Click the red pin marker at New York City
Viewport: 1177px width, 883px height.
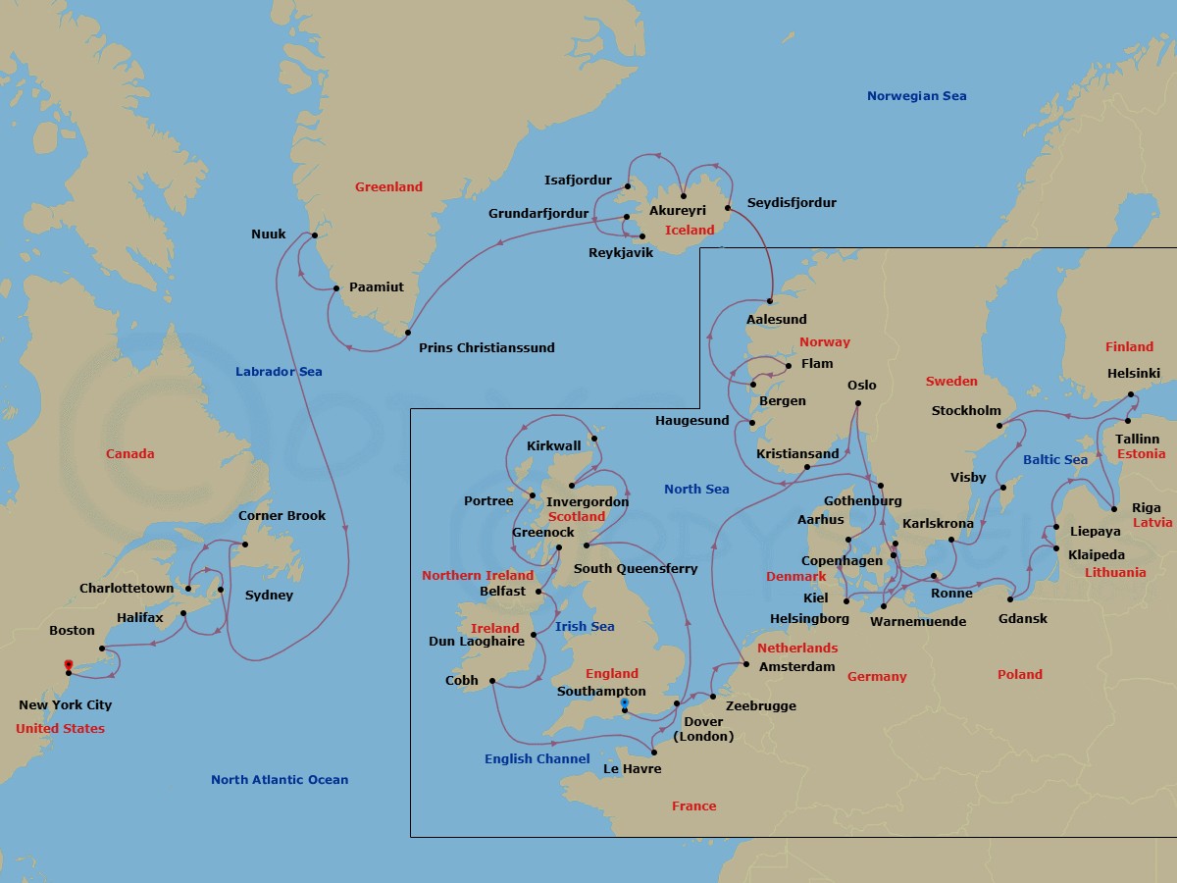click(68, 667)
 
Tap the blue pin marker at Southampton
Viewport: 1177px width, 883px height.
click(624, 704)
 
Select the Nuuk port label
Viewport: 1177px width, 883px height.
click(268, 234)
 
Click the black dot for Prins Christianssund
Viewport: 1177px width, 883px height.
click(408, 333)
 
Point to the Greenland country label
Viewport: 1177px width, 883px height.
click(388, 187)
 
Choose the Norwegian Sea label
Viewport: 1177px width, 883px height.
click(916, 96)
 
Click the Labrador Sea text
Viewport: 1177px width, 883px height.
click(279, 372)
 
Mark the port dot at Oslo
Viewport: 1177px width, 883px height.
click(857, 403)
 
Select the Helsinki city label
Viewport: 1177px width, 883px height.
click(1133, 374)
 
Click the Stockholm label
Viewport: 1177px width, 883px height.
click(966, 411)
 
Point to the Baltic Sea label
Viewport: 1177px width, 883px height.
click(1054, 460)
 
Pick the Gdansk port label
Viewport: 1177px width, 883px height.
click(1022, 619)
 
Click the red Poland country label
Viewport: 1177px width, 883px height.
click(1019, 675)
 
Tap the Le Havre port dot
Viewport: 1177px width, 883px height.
click(654, 753)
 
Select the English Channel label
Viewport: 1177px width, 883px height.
click(537, 759)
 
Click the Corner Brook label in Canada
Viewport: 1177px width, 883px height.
click(281, 516)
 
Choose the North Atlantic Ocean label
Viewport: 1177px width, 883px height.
click(279, 780)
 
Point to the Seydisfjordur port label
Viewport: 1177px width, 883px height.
click(792, 203)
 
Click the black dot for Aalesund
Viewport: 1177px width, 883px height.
click(770, 300)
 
